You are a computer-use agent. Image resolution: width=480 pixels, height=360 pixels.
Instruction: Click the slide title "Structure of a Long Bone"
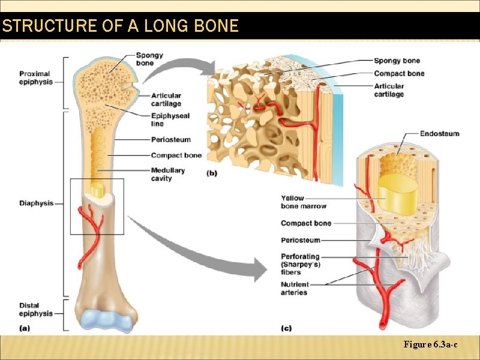[x=120, y=26]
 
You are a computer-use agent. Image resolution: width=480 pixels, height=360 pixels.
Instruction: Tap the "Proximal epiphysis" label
[x=34, y=78]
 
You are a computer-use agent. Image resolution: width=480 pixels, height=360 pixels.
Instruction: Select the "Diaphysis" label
[x=36, y=203]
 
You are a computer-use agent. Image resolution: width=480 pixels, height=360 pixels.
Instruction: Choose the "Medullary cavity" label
[x=168, y=174]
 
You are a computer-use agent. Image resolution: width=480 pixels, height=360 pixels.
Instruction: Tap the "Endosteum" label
[x=440, y=133]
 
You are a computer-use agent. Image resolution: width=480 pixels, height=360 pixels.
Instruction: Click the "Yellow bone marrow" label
[x=304, y=202]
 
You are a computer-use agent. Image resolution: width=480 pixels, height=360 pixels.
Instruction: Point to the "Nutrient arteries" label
[x=295, y=289]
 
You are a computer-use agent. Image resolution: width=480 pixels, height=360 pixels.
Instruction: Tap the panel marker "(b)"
[x=212, y=174]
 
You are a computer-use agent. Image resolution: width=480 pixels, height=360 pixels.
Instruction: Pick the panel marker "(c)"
[x=287, y=328]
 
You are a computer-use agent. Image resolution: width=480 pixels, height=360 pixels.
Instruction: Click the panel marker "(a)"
[x=25, y=328]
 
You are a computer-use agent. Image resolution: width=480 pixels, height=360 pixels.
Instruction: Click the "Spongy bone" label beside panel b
[x=397, y=61]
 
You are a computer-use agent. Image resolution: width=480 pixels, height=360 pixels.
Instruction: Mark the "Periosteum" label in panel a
[x=171, y=140]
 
